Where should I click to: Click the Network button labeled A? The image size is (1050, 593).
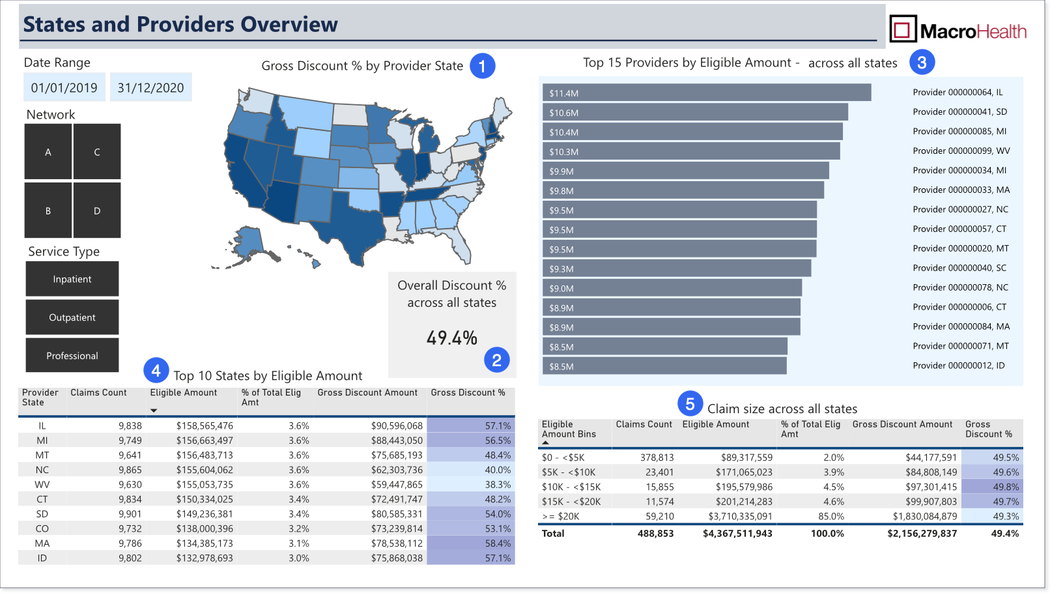coord(48,151)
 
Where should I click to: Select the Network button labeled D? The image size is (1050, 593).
coord(97,210)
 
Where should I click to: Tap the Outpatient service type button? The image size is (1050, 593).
coord(72,317)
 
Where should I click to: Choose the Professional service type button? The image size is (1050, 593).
coord(72,355)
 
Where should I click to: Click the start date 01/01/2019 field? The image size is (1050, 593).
coord(64,87)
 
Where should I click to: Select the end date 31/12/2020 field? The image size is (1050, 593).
coord(150,87)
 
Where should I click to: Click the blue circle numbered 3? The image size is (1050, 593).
coord(922,63)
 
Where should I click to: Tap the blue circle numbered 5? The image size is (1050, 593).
coord(690,403)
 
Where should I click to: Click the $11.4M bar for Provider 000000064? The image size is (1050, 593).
coord(707,93)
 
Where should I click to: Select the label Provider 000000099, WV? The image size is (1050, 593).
coord(961,151)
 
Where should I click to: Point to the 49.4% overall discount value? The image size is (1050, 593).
coord(452,338)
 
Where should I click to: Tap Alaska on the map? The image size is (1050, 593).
coord(248,243)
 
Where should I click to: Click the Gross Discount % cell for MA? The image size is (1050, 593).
coord(471,543)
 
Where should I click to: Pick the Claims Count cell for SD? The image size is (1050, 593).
coord(130,513)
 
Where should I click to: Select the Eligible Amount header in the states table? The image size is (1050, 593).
coord(183,393)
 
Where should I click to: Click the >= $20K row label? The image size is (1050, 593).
coord(561,516)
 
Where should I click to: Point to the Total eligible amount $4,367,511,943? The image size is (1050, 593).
coord(737,534)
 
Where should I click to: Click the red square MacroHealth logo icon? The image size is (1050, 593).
coord(903,29)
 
